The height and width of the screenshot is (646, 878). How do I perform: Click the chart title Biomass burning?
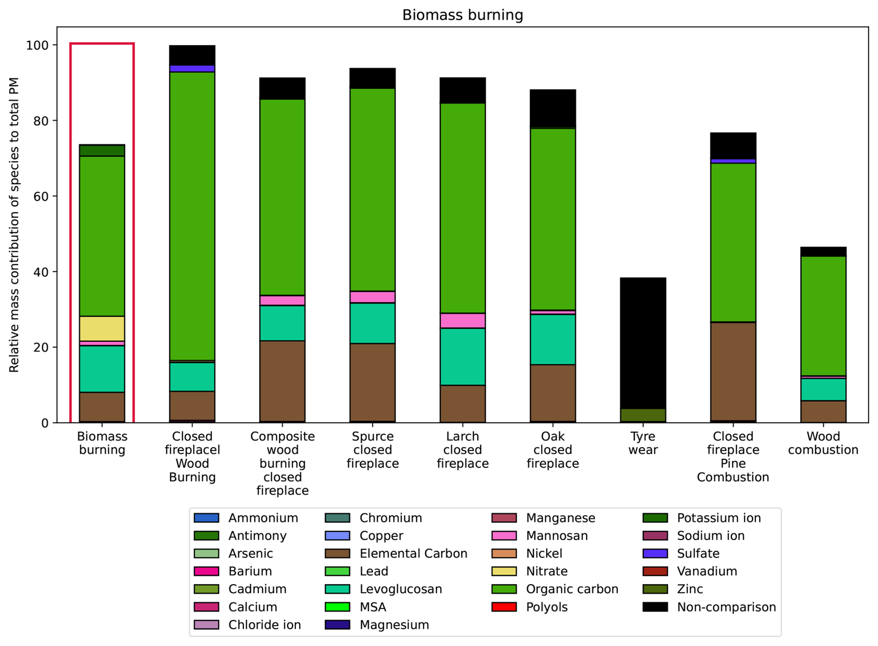click(x=462, y=15)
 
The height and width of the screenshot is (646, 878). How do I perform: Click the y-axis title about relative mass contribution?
click(x=14, y=225)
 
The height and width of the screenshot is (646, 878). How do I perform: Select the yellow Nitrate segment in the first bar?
click(x=102, y=328)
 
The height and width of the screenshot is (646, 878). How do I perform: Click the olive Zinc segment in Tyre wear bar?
click(x=643, y=415)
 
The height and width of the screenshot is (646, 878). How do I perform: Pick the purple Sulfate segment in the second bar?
click(x=192, y=69)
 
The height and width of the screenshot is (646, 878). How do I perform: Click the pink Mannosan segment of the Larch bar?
click(x=463, y=320)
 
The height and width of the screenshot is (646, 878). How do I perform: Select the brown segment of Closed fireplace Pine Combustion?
click(x=733, y=372)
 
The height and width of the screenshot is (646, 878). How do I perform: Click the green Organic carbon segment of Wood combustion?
click(x=823, y=316)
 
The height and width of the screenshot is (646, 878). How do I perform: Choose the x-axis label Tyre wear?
click(x=643, y=443)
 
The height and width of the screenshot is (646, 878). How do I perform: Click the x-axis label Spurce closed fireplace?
click(x=373, y=450)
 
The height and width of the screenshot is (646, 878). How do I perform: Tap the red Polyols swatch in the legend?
click(x=504, y=607)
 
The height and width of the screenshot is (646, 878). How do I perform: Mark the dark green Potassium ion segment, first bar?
click(x=102, y=150)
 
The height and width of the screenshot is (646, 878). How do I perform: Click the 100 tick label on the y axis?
click(x=38, y=45)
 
